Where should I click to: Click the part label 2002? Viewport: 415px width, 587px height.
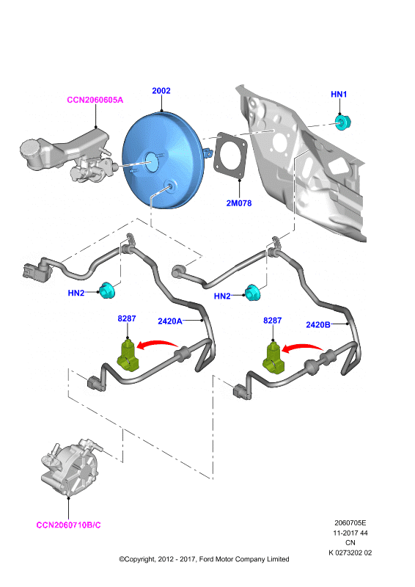pyautogui.click(x=161, y=90)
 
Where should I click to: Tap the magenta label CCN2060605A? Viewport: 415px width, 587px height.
pyautogui.click(x=95, y=100)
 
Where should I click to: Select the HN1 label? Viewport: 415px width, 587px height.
pyautogui.click(x=339, y=95)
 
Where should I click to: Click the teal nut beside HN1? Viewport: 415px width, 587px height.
pyautogui.click(x=342, y=123)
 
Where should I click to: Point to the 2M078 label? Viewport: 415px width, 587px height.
pyautogui.click(x=239, y=203)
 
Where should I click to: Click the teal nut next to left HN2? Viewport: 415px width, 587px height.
pyautogui.click(x=107, y=291)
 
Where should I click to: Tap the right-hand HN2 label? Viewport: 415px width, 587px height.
pyautogui.click(x=222, y=296)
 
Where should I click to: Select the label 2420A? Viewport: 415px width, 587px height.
pyautogui.click(x=170, y=321)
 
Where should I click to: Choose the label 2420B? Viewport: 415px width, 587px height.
pyautogui.click(x=318, y=325)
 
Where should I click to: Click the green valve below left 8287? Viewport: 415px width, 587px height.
pyautogui.click(x=128, y=356)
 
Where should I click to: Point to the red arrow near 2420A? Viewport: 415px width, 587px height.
pyautogui.click(x=157, y=343)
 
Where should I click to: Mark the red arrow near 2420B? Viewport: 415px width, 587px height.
pyautogui.click(x=302, y=346)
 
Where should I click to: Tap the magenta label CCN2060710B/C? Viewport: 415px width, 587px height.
pyautogui.click(x=68, y=525)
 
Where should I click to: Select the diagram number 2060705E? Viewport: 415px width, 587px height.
pyautogui.click(x=350, y=523)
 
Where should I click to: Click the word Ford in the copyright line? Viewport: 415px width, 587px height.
pyautogui.click(x=207, y=559)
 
